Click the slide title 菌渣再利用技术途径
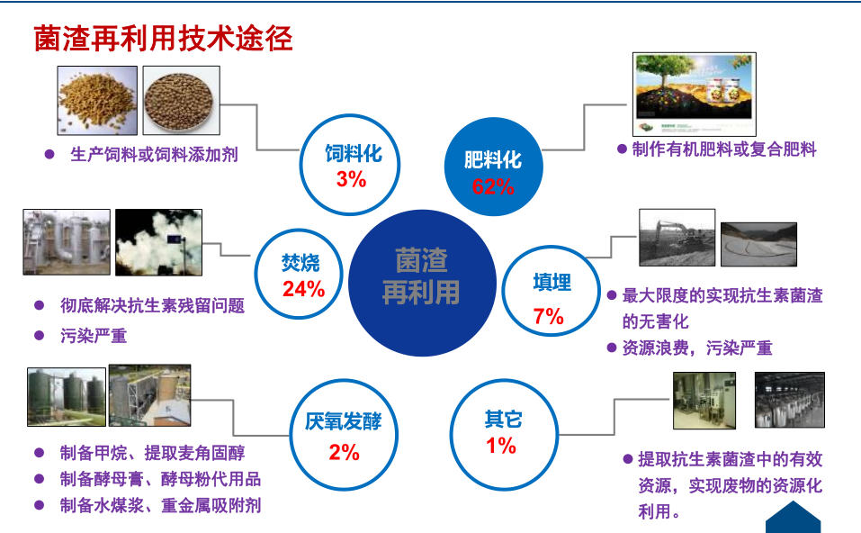[163, 39]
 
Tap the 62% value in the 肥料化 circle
[493, 187]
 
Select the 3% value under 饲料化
[352, 179]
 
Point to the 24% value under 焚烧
[304, 289]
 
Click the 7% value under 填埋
[549, 317]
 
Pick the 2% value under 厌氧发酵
[345, 453]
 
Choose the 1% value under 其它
[501, 446]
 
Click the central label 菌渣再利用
[421, 276]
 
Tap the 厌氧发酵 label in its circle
[343, 421]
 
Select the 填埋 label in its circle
[552, 283]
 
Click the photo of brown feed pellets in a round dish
[181, 100]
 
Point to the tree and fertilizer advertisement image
[694, 94]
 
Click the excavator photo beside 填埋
[677, 238]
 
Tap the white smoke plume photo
[158, 242]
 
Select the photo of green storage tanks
[67, 397]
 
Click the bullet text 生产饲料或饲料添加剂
[155, 155]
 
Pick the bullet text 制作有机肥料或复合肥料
[724, 149]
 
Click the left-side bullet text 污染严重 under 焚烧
[94, 336]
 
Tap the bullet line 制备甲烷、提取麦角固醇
[153, 454]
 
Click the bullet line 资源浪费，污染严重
[697, 348]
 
